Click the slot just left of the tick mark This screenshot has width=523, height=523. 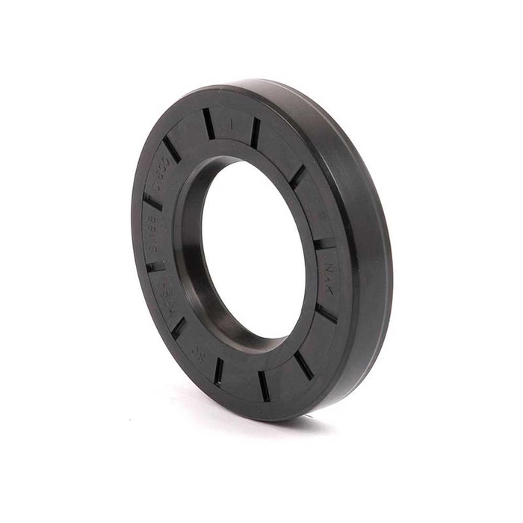(208, 123)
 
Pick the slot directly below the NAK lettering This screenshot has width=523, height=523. (327, 312)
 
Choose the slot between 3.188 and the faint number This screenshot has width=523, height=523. (155, 265)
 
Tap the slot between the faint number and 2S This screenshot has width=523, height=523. (179, 327)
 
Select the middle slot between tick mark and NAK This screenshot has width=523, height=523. (298, 176)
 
